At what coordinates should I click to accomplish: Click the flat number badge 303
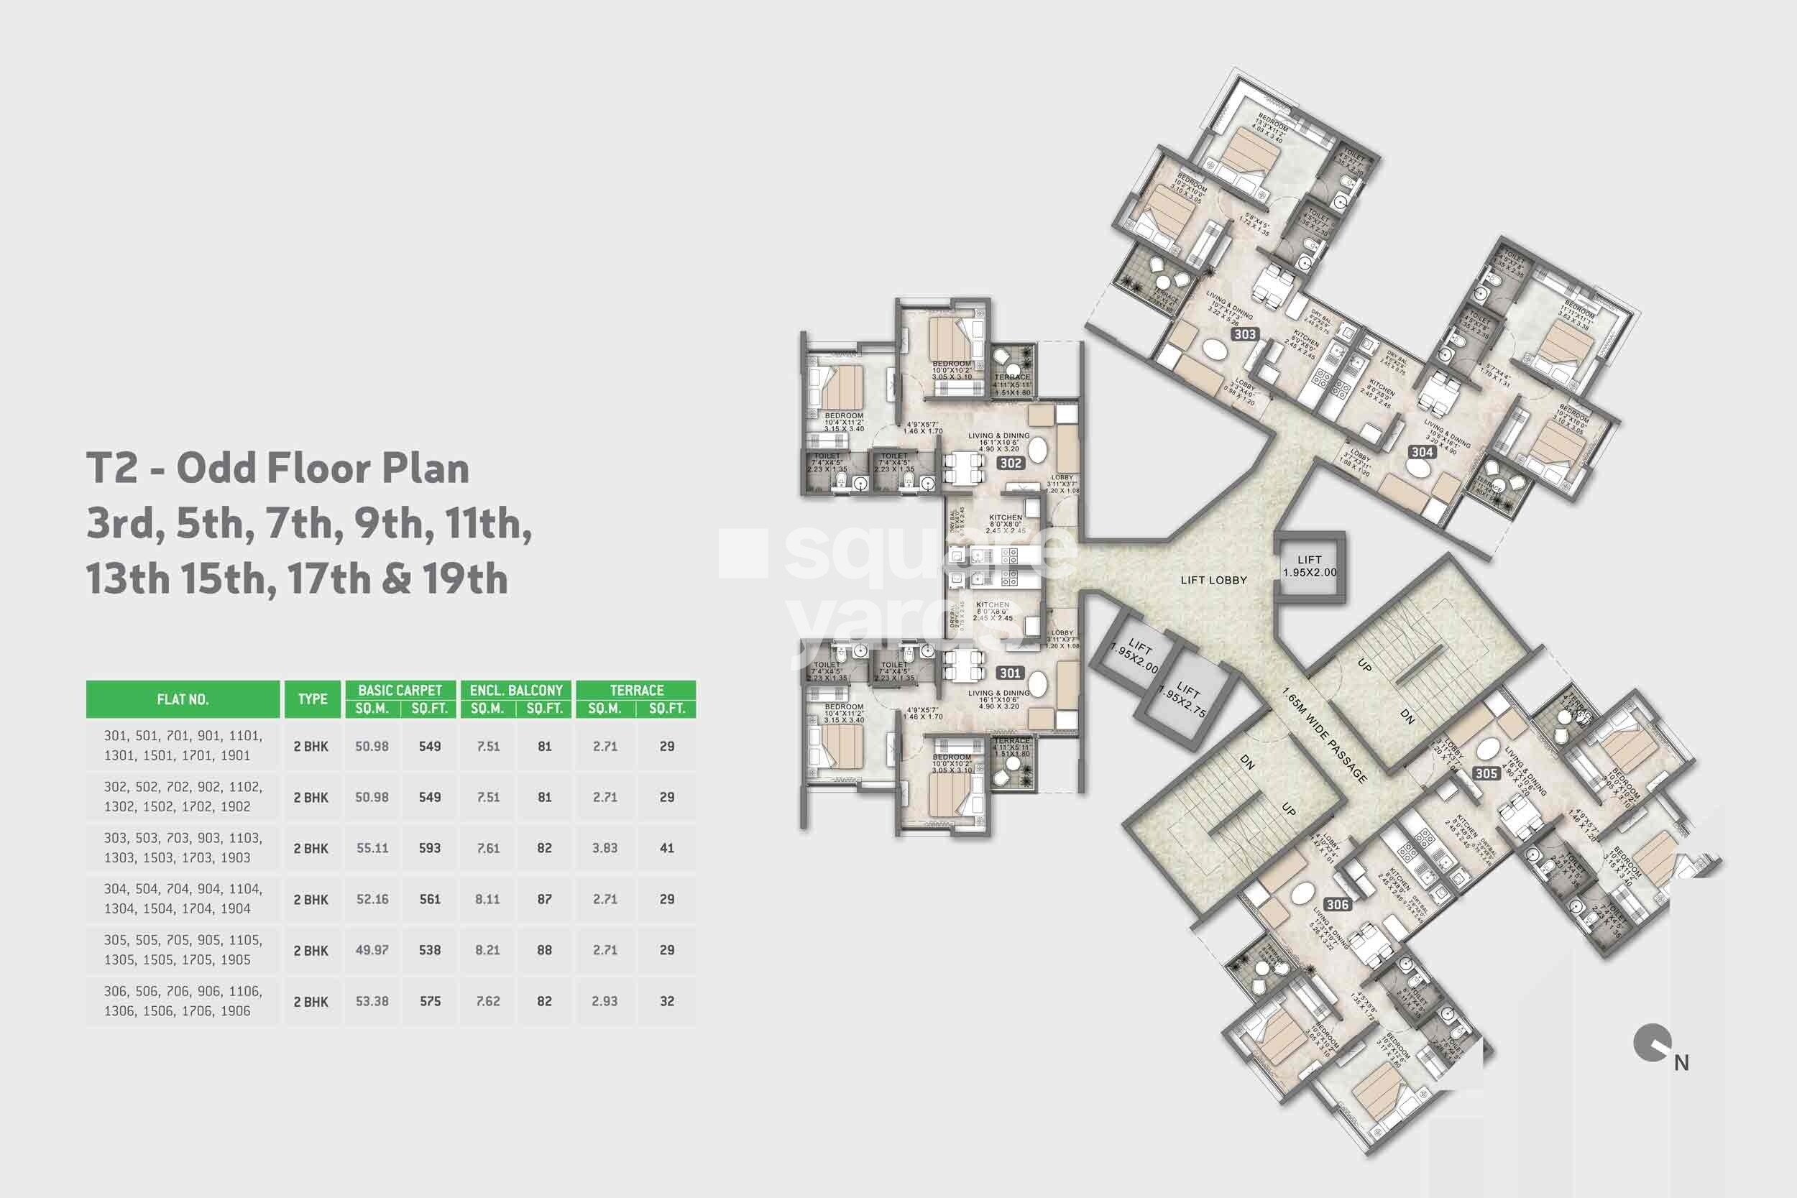(x=1245, y=334)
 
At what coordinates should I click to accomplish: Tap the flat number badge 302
(x=1010, y=463)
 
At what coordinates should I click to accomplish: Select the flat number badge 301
(x=1010, y=673)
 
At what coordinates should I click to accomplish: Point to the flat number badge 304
(x=1422, y=451)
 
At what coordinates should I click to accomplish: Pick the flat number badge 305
(x=1485, y=774)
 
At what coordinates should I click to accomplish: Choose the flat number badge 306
(x=1337, y=905)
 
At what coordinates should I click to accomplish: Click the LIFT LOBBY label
(x=1213, y=581)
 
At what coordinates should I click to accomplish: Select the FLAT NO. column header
(x=183, y=699)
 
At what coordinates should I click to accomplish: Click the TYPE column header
(x=313, y=699)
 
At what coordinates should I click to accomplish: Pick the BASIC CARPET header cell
(x=400, y=690)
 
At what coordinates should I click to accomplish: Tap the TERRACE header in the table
(x=636, y=690)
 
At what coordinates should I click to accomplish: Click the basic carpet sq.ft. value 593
(x=429, y=848)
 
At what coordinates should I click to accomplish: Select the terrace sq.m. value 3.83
(x=605, y=848)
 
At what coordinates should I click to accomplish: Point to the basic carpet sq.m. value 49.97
(x=372, y=951)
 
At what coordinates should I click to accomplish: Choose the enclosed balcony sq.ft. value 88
(x=544, y=951)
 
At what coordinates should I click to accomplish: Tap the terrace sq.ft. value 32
(x=666, y=1002)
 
